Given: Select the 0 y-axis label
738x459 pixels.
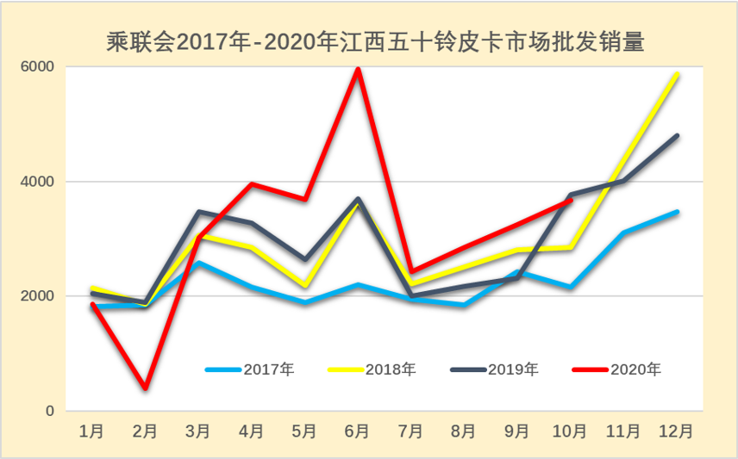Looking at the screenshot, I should point(49,411).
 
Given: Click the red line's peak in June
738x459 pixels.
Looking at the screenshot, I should point(358,69).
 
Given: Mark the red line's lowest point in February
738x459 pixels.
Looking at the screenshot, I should point(145,388).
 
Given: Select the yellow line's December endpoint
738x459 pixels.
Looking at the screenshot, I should point(677,75).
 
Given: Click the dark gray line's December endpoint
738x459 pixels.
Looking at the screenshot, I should point(677,136).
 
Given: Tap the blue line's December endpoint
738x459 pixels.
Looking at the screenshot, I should point(677,212).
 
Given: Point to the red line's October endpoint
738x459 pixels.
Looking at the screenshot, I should point(570,201).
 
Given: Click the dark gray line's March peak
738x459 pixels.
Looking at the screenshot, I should point(198,212).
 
